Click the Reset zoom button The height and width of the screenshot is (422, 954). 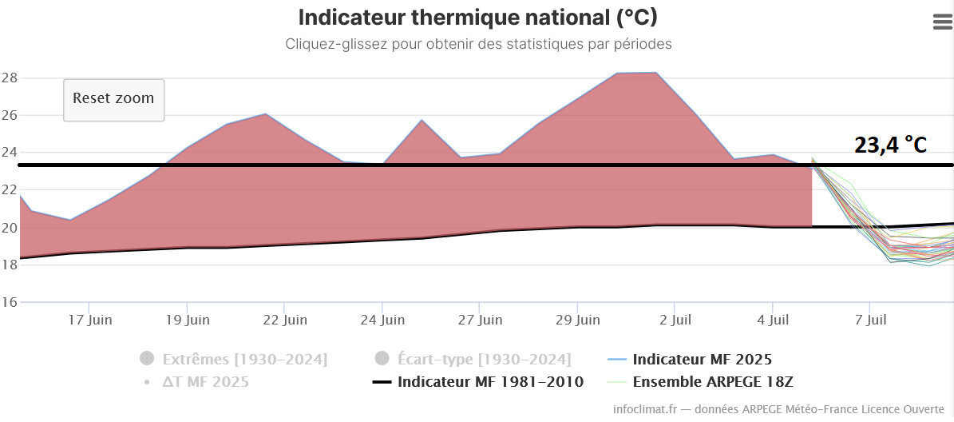click(x=113, y=99)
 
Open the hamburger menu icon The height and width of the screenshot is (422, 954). click(x=942, y=22)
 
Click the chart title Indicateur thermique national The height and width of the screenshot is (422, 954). click(x=477, y=18)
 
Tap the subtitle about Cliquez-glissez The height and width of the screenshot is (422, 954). click(x=477, y=44)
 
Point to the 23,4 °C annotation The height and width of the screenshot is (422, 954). click(x=890, y=145)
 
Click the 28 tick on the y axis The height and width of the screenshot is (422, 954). click(x=10, y=78)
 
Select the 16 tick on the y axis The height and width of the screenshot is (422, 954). click(x=10, y=302)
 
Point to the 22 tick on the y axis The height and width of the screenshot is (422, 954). click(x=10, y=190)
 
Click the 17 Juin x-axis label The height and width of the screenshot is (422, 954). click(x=89, y=320)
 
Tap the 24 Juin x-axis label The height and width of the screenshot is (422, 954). click(x=382, y=320)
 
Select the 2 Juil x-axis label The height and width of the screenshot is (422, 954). click(x=674, y=320)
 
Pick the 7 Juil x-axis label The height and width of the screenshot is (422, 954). click(x=869, y=320)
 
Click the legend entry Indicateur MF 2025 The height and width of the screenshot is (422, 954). click(x=702, y=359)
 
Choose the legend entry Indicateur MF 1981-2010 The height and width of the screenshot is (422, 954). click(x=490, y=382)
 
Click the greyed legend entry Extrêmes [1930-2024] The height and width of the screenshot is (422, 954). click(x=244, y=359)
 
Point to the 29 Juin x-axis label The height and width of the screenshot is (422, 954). click(x=577, y=320)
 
